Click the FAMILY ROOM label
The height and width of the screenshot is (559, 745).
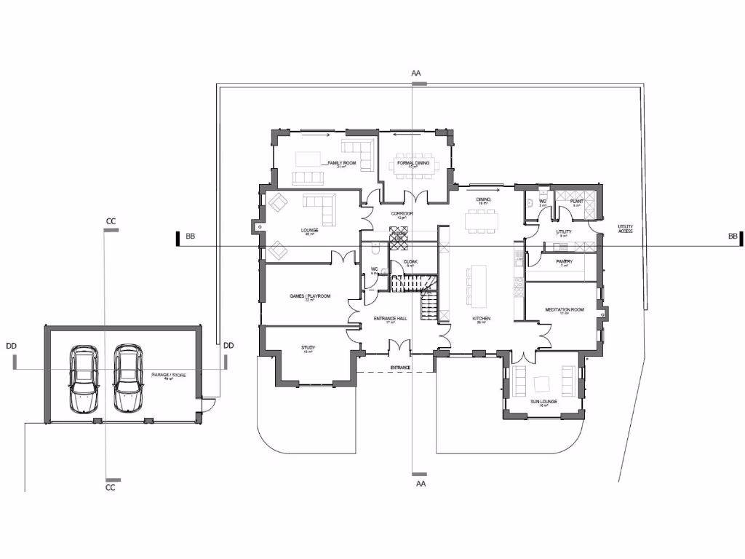[x=341, y=164]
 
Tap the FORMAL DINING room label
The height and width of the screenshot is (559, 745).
[x=413, y=162]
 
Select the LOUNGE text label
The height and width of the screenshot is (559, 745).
[x=310, y=231]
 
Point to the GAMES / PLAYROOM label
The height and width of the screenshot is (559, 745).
[x=310, y=296]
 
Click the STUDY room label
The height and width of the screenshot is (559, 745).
[x=308, y=348]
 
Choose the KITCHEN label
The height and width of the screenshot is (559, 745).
[x=481, y=319]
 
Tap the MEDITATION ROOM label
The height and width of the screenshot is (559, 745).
[x=565, y=310]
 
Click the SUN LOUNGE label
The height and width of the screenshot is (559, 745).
[x=543, y=401]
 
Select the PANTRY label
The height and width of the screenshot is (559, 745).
[x=564, y=262]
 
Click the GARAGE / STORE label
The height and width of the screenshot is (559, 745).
[x=167, y=375]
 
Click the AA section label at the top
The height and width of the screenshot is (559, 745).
[x=416, y=74]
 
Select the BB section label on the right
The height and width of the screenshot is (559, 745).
[x=733, y=237]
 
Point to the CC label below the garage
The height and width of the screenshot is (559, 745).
[x=111, y=488]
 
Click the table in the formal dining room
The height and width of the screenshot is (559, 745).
[x=413, y=164]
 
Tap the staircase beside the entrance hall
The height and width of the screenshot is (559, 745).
[x=418, y=291]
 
